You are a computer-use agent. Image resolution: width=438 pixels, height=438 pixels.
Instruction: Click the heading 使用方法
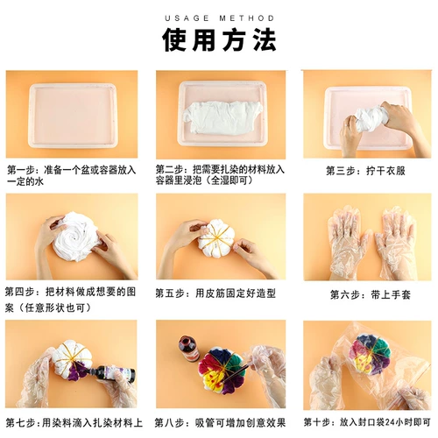pyautogui.click(x=219, y=40)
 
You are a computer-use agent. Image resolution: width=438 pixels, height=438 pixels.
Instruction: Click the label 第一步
pyautogui.click(x=21, y=169)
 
